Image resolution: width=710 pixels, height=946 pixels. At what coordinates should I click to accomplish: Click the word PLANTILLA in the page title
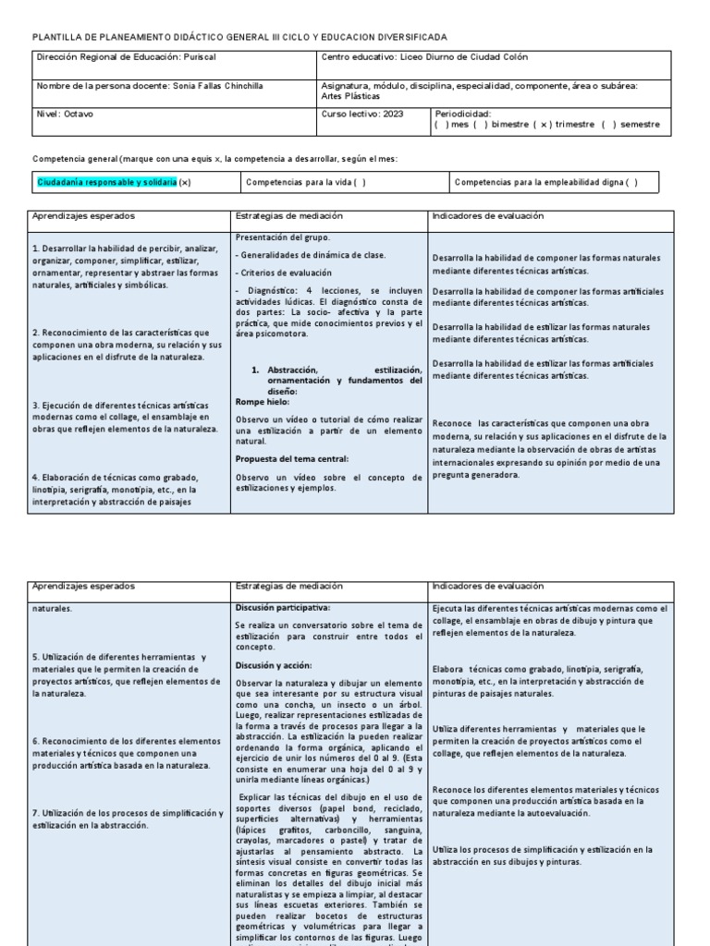62,36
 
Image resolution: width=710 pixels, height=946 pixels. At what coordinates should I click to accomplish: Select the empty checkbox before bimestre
483,124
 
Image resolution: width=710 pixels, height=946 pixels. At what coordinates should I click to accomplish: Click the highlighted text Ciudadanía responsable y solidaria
106,183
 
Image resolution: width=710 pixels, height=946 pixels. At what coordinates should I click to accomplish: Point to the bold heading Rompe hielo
263,402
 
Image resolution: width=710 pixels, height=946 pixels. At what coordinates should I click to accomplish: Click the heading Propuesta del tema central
289,458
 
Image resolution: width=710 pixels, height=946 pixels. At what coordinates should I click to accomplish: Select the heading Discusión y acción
274,665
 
